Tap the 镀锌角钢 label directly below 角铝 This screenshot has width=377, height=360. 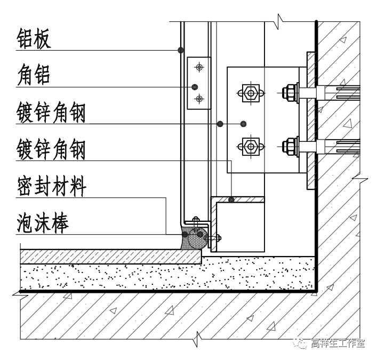51,113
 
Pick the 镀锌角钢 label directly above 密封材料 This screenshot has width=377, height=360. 51,149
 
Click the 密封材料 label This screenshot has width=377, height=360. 51,187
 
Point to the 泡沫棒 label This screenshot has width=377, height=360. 43,223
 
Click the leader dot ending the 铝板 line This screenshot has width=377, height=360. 181,50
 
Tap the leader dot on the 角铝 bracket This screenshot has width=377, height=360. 195,86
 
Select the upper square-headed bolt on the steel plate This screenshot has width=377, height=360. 249,93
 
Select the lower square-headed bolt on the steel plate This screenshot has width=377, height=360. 249,145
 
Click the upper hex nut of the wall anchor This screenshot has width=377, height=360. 291,92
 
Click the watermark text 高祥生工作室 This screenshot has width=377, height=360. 338,343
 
